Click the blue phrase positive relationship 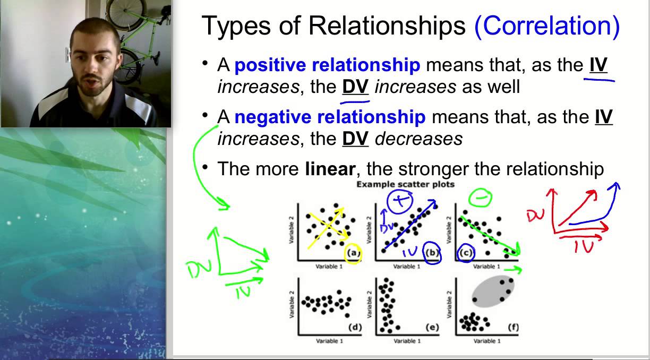click(327, 65)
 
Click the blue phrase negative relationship click(329, 117)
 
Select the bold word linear click(329, 169)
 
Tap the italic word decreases click(418, 139)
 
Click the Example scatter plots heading click(405, 184)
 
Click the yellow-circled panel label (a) click(354, 254)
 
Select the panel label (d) click(354, 327)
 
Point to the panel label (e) click(432, 327)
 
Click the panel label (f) click(512, 327)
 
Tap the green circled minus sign click(480, 198)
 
